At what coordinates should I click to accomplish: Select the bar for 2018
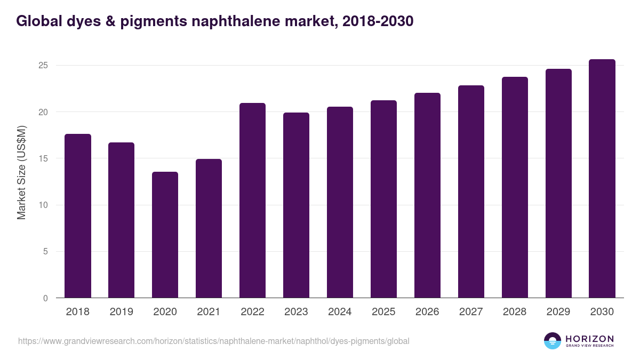click(78, 216)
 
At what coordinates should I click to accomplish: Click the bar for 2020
click(165, 235)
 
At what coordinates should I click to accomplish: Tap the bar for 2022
click(252, 201)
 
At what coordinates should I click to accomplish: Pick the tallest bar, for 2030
click(602, 179)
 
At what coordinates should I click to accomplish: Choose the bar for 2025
click(383, 199)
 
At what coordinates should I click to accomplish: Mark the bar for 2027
click(471, 191)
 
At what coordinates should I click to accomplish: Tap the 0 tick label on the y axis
click(46, 298)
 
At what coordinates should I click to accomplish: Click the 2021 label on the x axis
click(209, 312)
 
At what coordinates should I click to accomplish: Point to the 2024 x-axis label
click(340, 312)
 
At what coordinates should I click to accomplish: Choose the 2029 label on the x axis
click(558, 312)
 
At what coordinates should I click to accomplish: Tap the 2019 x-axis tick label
click(121, 312)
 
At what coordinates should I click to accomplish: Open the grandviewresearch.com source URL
click(214, 341)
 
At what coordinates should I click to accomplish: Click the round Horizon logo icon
click(553, 341)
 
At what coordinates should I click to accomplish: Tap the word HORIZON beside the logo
click(589, 339)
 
